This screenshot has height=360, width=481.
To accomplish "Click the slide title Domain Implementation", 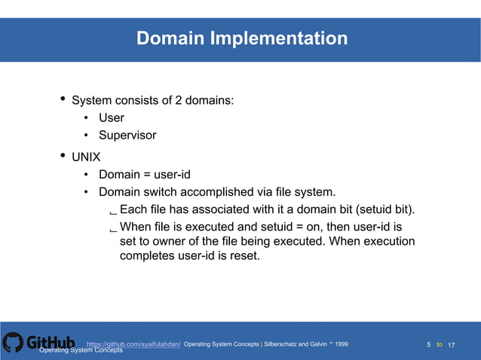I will click(x=241, y=38).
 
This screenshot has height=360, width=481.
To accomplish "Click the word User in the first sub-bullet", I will click(x=112, y=117).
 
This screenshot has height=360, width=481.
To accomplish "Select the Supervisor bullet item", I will click(x=127, y=136).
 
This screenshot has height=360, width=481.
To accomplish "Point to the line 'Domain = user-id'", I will click(x=144, y=175).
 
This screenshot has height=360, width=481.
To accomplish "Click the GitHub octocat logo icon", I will click(x=13, y=343).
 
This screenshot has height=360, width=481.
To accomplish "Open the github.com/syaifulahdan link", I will click(x=133, y=343).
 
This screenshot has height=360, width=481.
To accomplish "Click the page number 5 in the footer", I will click(x=429, y=344).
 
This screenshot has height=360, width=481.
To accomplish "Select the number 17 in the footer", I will click(x=452, y=344).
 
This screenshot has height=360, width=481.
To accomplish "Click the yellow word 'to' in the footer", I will click(x=440, y=344).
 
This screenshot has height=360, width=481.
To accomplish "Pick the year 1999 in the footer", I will click(x=341, y=343).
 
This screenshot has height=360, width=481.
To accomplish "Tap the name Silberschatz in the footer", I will click(x=286, y=343).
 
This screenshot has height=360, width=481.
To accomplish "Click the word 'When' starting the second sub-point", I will click(x=137, y=226).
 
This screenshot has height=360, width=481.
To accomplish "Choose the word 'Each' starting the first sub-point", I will click(x=135, y=209).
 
